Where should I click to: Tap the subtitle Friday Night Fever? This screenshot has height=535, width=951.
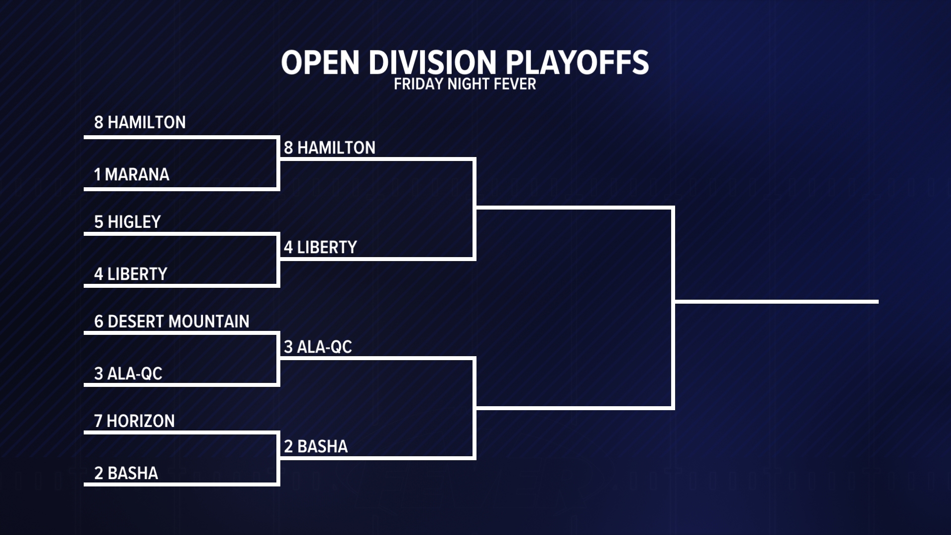(465, 84)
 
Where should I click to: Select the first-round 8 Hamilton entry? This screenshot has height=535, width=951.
(140, 122)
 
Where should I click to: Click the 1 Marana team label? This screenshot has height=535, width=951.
(132, 174)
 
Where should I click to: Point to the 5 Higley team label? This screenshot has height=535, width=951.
(127, 222)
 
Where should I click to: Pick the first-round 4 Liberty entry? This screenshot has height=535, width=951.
(131, 274)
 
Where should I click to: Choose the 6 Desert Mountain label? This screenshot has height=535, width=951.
(171, 321)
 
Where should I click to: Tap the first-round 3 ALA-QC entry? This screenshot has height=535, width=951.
(128, 374)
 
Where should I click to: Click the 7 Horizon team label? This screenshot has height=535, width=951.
(134, 421)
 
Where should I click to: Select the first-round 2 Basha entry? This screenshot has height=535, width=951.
(126, 473)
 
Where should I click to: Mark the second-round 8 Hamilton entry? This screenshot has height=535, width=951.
(329, 148)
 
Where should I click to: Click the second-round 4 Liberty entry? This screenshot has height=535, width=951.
(320, 247)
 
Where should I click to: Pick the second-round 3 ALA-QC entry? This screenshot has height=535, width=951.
(318, 347)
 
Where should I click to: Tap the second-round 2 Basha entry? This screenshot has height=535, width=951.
(316, 446)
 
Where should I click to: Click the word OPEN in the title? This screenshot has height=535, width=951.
(320, 62)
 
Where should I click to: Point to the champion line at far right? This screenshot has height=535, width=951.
(777, 301)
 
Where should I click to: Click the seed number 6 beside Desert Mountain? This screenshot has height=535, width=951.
(99, 321)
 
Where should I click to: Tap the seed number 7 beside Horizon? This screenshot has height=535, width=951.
(98, 421)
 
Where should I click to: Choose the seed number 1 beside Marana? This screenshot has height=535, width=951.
(97, 174)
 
